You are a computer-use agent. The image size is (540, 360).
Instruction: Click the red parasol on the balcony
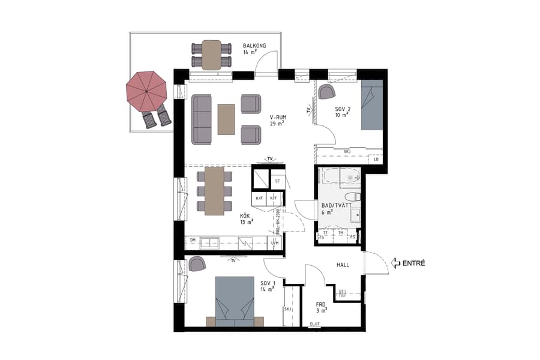coord(146,91)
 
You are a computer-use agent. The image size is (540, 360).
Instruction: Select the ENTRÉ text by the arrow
coord(414,263)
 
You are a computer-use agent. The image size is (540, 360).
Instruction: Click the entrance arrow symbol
coord(395,263)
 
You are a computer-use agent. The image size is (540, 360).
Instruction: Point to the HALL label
coord(343,265)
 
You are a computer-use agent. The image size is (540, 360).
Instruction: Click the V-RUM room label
coord(277,118)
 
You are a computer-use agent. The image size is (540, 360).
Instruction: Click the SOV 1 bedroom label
coord(267,283)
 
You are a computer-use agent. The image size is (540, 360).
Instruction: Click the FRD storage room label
coord(321,304)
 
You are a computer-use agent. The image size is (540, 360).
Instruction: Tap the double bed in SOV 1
coord(234,300)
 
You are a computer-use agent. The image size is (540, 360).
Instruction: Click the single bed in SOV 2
coord(371,105)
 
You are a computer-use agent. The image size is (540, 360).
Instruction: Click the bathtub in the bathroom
coord(339,176)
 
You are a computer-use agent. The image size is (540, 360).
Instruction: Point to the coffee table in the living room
coord(226,119)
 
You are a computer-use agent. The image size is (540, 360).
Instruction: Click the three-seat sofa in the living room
coord(201,119)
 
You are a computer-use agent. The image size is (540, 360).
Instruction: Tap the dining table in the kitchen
coord(214,191)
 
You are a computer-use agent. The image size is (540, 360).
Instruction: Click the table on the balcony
coord(211,55)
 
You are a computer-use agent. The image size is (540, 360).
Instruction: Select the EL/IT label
coord(314,325)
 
